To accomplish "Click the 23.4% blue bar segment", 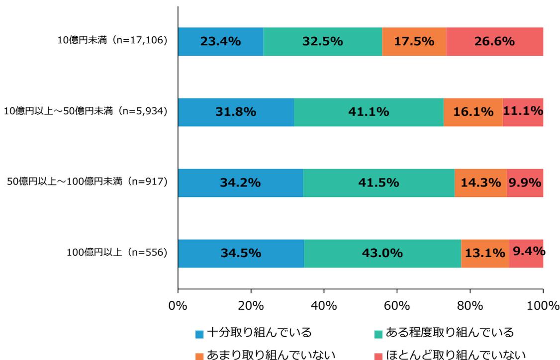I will (x=220, y=41).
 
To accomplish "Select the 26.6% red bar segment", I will (x=494, y=41).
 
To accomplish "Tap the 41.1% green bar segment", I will (x=369, y=112).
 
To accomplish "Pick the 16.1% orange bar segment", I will (x=472, y=112).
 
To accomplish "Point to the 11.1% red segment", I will (x=523, y=112).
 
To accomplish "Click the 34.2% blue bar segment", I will (x=240, y=183).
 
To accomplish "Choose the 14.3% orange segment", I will (x=480, y=183).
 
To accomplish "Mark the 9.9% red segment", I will (x=525, y=183).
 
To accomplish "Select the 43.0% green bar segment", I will (x=382, y=254).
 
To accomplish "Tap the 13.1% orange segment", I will (x=485, y=254).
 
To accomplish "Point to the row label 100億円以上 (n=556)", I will (x=117, y=254).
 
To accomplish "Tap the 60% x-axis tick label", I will (x=397, y=304).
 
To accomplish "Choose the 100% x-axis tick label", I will (x=543, y=304).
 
